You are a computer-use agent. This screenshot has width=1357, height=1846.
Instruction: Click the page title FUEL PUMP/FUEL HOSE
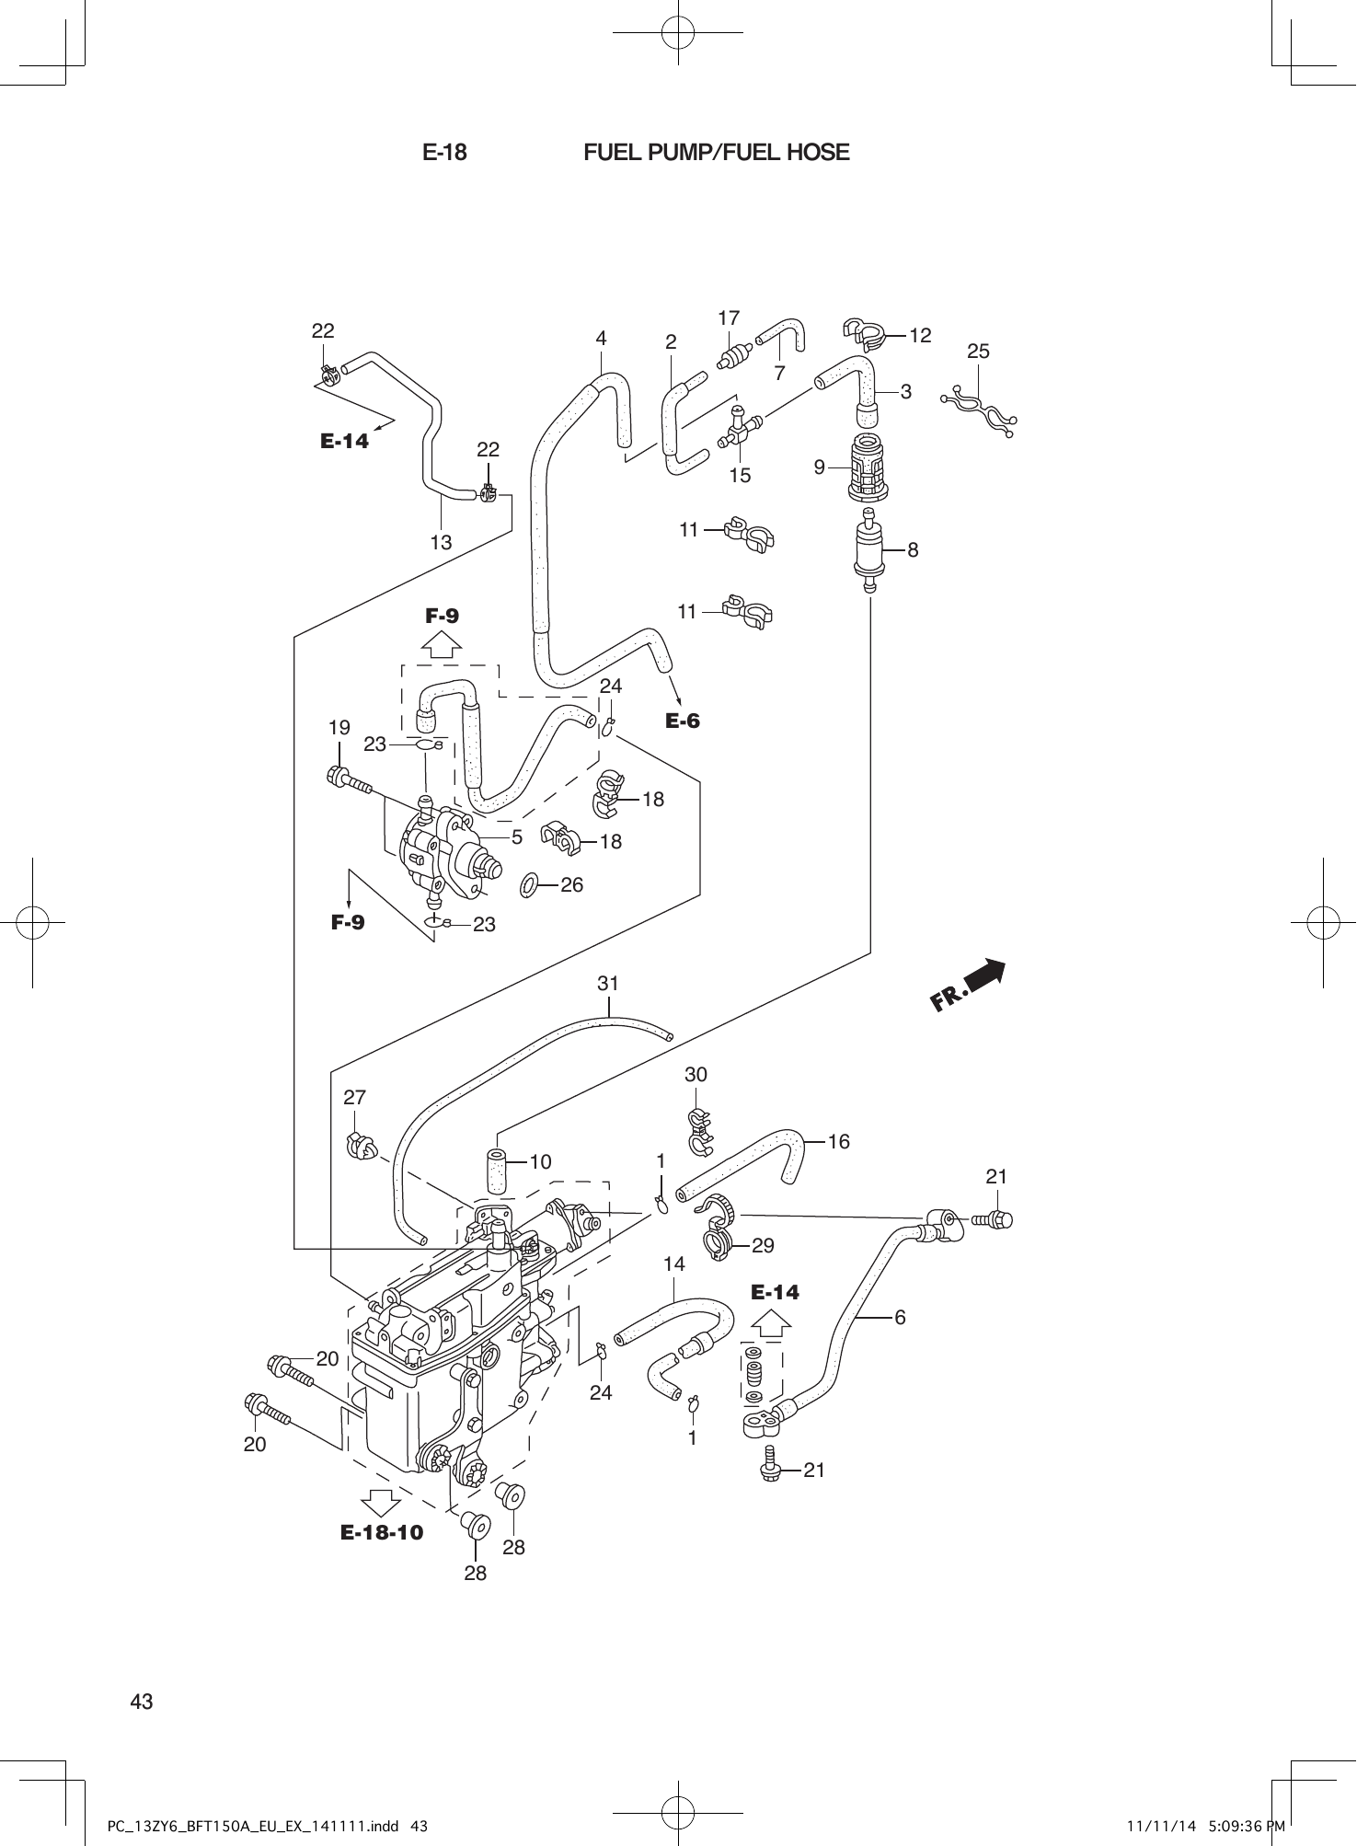(716, 153)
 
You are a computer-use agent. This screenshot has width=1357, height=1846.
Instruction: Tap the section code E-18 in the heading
(444, 153)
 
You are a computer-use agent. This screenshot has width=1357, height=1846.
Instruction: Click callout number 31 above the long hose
(608, 983)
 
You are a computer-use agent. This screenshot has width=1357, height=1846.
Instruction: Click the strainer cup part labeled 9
(866, 467)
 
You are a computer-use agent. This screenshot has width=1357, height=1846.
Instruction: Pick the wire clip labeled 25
(980, 410)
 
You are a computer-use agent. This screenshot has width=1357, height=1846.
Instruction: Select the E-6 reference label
(683, 721)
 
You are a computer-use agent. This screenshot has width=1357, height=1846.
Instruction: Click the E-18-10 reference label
(382, 1532)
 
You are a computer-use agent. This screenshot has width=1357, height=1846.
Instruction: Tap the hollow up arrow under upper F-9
(442, 643)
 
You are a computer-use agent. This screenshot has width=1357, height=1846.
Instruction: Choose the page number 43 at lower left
(142, 1702)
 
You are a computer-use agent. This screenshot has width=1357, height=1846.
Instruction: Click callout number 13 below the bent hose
(441, 542)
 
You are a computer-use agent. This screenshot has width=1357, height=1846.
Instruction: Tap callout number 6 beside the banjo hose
(900, 1317)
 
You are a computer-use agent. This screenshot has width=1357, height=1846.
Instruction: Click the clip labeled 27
(360, 1145)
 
